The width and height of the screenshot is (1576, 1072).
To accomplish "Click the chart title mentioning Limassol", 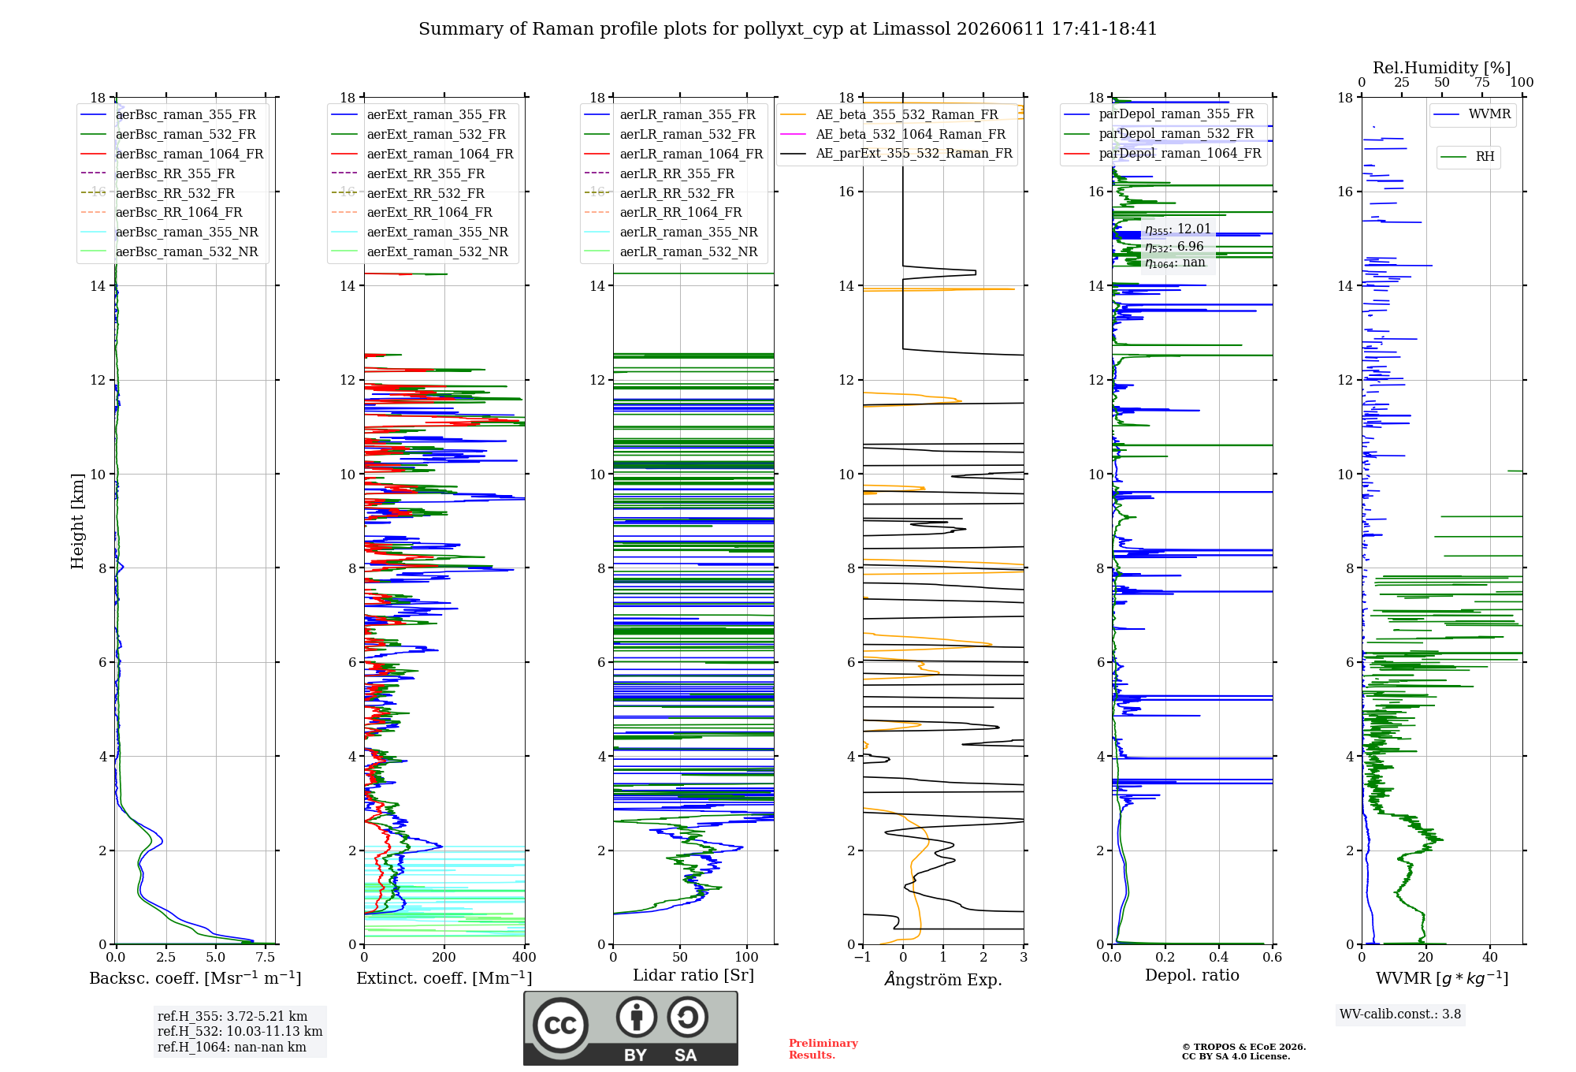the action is [x=788, y=29].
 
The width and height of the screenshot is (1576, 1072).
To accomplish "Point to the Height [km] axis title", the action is [x=77, y=521].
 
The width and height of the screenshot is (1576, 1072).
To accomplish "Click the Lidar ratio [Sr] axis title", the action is [x=693, y=975].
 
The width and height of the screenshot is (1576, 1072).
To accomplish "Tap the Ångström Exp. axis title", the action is [x=943, y=979].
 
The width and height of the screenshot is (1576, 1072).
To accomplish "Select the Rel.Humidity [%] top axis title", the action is [x=1442, y=68].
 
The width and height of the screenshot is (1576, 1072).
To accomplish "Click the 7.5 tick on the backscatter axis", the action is [x=266, y=958].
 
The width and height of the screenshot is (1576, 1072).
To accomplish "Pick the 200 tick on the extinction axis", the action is [x=444, y=958].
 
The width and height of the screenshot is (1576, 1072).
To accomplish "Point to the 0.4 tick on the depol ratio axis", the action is [x=1219, y=958].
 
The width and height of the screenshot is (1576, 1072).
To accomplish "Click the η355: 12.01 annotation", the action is [x=1178, y=229].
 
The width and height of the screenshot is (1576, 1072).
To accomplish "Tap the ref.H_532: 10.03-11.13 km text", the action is [x=240, y=1031].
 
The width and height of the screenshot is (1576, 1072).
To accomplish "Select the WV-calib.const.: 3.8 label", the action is [x=1400, y=1014].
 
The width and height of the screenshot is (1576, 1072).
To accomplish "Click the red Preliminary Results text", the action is [x=823, y=1049].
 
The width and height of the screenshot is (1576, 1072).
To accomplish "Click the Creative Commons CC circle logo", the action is [x=560, y=1025].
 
